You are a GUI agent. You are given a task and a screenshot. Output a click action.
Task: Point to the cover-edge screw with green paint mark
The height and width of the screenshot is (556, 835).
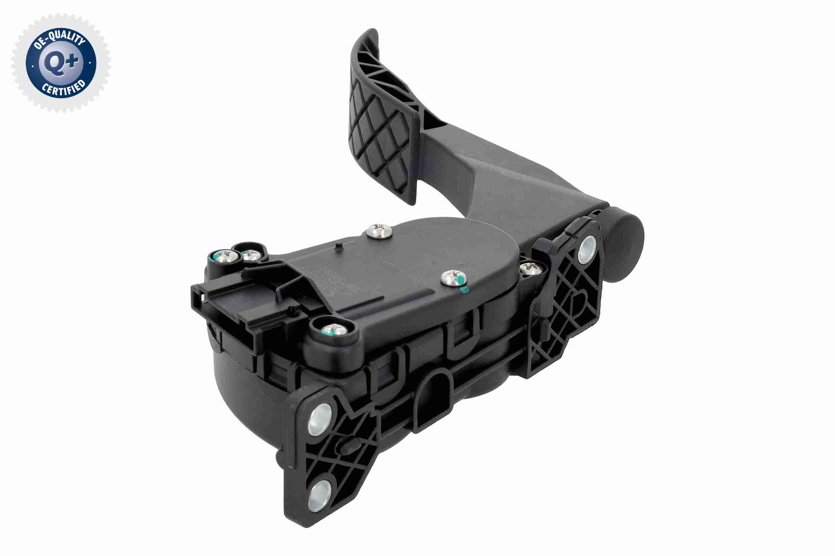(x=453, y=278)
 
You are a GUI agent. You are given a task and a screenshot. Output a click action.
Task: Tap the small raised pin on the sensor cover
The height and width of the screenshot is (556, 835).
(x=338, y=247)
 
